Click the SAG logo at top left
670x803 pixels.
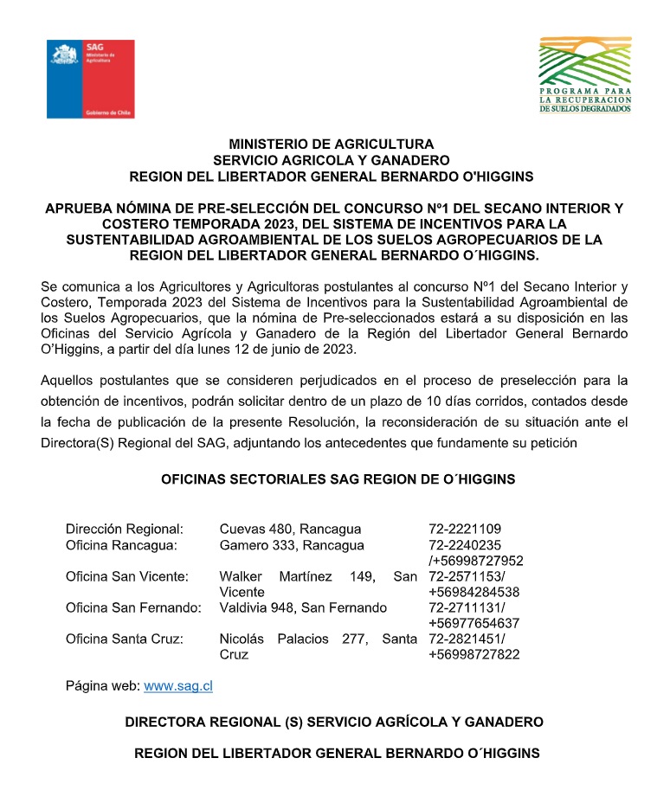91,79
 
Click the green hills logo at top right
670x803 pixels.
585,74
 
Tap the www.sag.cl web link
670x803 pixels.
178,686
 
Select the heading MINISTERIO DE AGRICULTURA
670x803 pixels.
332,144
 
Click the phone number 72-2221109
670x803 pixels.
465,529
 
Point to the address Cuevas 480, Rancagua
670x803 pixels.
290,529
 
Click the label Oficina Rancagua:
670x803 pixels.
121,545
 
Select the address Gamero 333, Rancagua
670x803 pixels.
292,545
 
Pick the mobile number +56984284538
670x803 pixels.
474,592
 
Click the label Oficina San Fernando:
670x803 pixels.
133,607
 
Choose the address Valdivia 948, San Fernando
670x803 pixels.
303,607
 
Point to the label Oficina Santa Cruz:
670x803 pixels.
125,639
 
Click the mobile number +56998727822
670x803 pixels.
474,654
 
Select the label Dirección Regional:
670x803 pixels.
125,529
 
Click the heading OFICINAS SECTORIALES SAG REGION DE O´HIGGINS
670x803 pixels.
338,479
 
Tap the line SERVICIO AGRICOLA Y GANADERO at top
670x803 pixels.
332,160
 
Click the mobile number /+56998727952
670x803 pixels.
475,561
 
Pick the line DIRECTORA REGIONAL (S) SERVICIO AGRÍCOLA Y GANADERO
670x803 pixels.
334,721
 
